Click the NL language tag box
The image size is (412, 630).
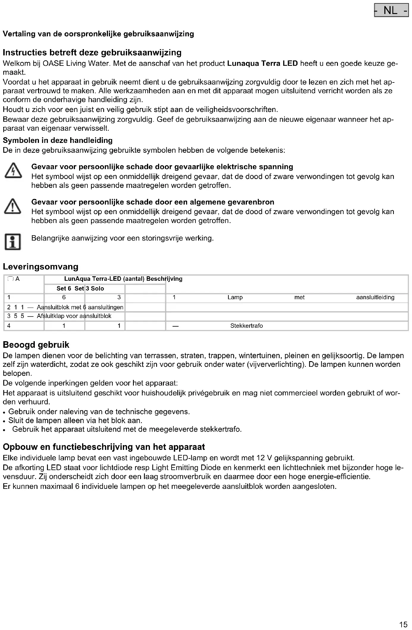point(391,11)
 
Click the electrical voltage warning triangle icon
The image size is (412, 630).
point(13,172)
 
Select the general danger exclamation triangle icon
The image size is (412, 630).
point(13,207)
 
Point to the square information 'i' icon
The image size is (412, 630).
point(13,242)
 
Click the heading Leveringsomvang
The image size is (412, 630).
point(40,266)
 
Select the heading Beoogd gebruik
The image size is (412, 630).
point(36,345)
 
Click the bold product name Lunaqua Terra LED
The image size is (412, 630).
point(262,63)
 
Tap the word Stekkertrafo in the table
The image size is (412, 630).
point(247,326)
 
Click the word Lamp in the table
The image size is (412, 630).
point(235,297)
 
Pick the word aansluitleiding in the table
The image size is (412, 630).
point(375,297)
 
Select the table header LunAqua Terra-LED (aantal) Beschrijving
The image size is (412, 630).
point(123,279)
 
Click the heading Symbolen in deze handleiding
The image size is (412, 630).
point(58,141)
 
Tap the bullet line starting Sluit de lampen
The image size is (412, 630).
point(75,420)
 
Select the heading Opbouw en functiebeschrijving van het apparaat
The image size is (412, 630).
point(104,447)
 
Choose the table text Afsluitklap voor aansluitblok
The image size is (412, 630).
point(74,316)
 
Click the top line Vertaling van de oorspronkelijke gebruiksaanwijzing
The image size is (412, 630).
point(98,34)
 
